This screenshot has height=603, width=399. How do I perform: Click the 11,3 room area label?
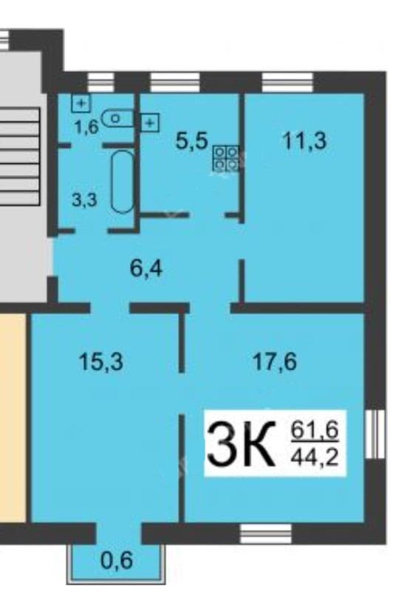pos(304,140)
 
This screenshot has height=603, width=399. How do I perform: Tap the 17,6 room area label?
pos(275,362)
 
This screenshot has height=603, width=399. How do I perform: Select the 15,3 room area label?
pos(100,362)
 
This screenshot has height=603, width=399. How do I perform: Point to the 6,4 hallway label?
pos(146,268)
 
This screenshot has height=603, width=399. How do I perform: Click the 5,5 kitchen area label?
pos(192,140)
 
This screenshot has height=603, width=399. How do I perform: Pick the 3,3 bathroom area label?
pos(84,200)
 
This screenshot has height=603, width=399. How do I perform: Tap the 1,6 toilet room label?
pos(87,126)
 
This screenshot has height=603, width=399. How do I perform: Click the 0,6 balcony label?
pos(117,560)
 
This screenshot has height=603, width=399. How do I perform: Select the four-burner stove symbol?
pos(225,158)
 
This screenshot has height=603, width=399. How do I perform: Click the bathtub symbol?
pos(123,182)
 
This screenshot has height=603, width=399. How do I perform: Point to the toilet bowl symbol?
pos(117,118)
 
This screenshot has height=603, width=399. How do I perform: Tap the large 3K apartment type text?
pos(241,444)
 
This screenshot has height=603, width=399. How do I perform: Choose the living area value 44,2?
pos(315,457)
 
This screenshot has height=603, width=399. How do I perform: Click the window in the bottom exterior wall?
pos(265,534)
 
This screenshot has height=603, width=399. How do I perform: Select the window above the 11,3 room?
pos(288,82)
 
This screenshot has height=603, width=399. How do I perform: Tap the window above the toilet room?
pos(101,82)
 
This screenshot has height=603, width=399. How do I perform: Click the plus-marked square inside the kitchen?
pos(150,123)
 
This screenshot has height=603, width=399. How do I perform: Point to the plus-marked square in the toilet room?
pos(81,103)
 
